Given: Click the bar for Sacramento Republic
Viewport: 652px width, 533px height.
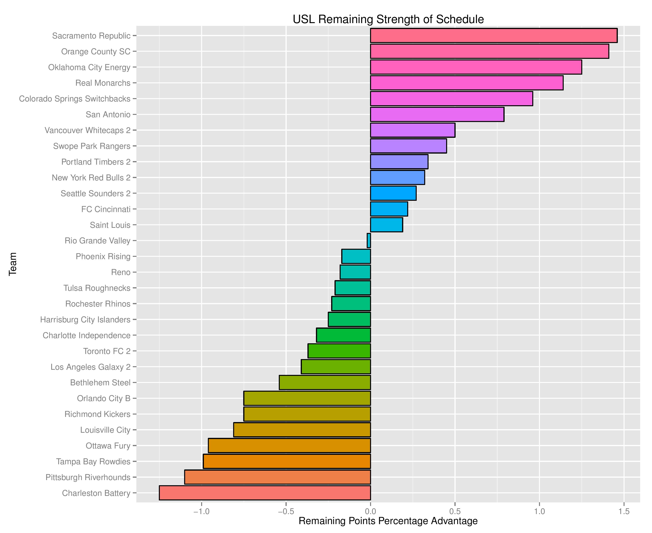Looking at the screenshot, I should pyautogui.click(x=494, y=35).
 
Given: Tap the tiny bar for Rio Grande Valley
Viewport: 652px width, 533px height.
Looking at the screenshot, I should pyautogui.click(x=369, y=240).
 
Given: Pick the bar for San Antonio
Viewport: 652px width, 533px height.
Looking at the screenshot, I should pyautogui.click(x=437, y=114).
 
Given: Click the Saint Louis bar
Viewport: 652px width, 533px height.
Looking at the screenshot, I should pyautogui.click(x=386, y=225).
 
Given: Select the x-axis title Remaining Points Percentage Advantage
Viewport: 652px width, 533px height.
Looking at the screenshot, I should pyautogui.click(x=388, y=521).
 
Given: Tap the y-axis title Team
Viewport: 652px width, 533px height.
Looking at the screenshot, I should pyautogui.click(x=13, y=264).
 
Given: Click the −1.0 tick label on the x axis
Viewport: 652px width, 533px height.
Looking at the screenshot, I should pyautogui.click(x=201, y=511).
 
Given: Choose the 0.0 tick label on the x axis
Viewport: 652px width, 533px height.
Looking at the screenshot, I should pyautogui.click(x=370, y=511).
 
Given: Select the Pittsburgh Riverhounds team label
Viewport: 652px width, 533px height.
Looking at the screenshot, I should pyautogui.click(x=88, y=477).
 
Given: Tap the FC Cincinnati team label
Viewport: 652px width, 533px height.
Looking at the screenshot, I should pyautogui.click(x=106, y=209).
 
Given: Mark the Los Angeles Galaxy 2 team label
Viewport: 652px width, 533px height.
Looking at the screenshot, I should pyautogui.click(x=90, y=367).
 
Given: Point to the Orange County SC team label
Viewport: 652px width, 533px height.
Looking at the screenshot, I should pyautogui.click(x=96, y=51).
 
